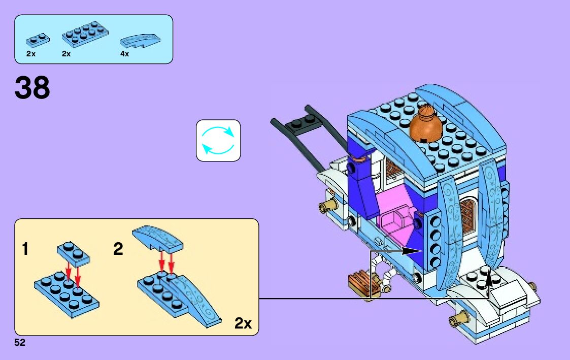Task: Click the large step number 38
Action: point(32,88)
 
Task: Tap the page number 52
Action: point(20,343)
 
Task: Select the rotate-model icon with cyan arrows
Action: point(218,141)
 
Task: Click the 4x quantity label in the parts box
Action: point(125,54)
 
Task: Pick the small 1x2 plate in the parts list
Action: point(38,38)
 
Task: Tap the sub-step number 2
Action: point(118,250)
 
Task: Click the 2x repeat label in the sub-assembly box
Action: point(243,323)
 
